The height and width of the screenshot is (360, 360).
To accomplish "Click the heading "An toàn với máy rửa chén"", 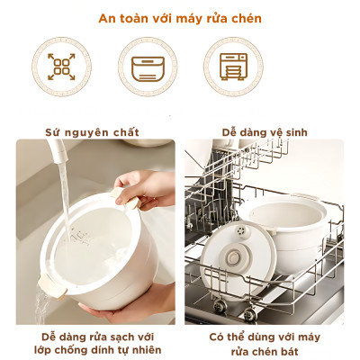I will click(180, 17).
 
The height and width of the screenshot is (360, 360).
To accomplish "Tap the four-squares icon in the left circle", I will click(61, 67).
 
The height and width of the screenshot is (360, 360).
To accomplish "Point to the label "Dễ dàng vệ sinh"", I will click(264, 132).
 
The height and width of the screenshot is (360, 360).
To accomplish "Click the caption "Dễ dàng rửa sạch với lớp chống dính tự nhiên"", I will click(94, 341).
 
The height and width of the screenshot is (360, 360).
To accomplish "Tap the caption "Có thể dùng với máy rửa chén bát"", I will click(264, 341).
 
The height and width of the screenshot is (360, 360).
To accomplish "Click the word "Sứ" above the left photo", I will click(54, 132).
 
